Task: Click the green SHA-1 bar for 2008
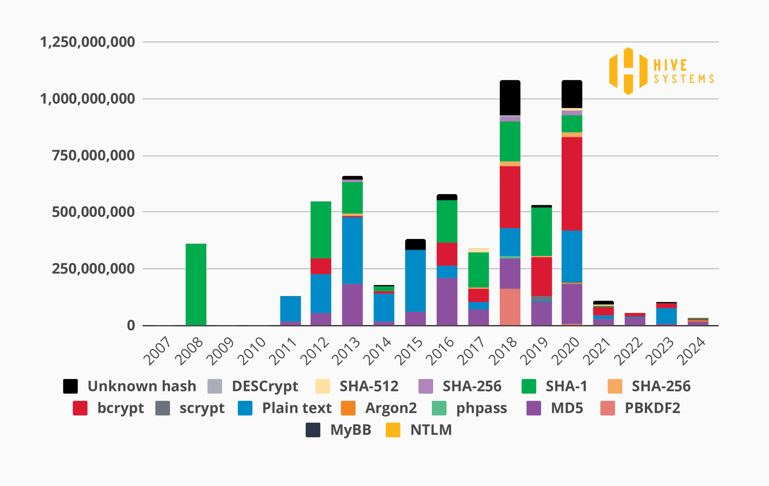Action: (x=196, y=284)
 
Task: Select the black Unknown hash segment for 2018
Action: (x=510, y=98)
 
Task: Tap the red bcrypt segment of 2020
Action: (x=572, y=184)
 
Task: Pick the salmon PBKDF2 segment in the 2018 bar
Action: (x=510, y=307)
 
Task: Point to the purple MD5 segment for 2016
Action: (x=447, y=301)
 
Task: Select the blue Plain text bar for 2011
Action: (x=290, y=309)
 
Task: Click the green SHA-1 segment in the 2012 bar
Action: (x=321, y=229)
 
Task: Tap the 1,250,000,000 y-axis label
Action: (x=87, y=42)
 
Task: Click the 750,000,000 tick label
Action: (x=93, y=156)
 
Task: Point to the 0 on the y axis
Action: (x=131, y=326)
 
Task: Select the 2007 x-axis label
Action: (x=157, y=351)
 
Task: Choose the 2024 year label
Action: (x=691, y=351)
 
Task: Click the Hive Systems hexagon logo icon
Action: (x=628, y=71)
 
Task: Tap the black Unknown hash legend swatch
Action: (x=70, y=386)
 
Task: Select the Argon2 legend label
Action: (x=391, y=408)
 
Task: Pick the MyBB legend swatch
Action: (x=313, y=430)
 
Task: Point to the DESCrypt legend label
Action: (x=265, y=386)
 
